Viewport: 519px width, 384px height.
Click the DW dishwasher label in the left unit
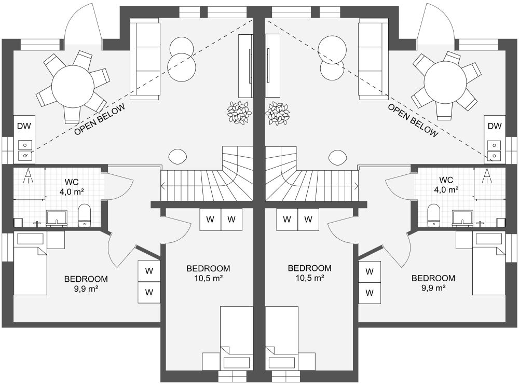pyautogui.click(x=24, y=126)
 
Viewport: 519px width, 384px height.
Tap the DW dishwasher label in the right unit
pyautogui.click(x=495, y=126)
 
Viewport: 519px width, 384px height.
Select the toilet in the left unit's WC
pyautogui.click(x=85, y=215)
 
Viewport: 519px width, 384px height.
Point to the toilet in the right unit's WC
pyautogui.click(x=433, y=215)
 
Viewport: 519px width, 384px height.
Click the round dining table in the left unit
pyautogui.click(x=73, y=86)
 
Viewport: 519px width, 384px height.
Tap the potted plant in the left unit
pyautogui.click(x=238, y=113)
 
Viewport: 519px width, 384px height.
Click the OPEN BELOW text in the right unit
pyautogui.click(x=413, y=120)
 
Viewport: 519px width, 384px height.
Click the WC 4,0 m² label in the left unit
pyautogui.click(x=72, y=187)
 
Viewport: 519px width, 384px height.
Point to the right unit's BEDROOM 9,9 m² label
pyautogui.click(x=433, y=283)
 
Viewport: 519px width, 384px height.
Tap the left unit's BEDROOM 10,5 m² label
pyautogui.click(x=208, y=273)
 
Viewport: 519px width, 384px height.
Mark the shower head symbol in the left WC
pyautogui.click(x=29, y=175)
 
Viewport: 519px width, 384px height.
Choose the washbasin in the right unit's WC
pyautogui.click(x=462, y=218)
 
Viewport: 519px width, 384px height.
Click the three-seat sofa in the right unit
pyautogui.click(x=373, y=59)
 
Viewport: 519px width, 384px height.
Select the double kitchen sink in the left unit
pyautogui.click(x=25, y=150)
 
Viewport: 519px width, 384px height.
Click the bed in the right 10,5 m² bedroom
pyautogui.click(x=282, y=338)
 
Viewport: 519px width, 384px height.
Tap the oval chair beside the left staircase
pyautogui.click(x=177, y=156)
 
